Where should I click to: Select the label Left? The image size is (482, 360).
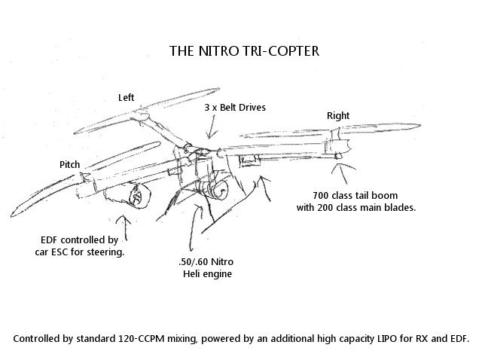[x=127, y=97]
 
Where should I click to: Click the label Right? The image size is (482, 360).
[x=338, y=116]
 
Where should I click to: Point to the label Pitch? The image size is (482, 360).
[x=70, y=164]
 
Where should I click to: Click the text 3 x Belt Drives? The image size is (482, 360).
[x=235, y=108]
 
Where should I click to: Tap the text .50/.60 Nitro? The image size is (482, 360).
[x=206, y=261]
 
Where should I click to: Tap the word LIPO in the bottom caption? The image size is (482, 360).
[x=387, y=338]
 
